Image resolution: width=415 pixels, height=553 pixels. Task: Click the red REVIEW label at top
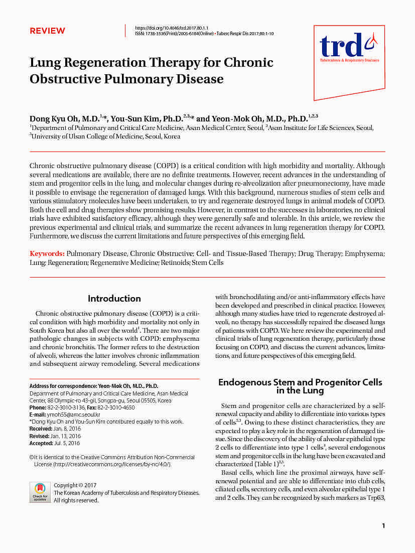coord(47,31)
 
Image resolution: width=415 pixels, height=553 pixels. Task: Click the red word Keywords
coord(47,254)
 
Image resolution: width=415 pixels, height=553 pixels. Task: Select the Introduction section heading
coord(114,299)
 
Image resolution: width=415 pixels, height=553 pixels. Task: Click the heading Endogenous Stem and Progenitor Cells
coord(300,382)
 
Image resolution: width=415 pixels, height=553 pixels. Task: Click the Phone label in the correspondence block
coord(38,408)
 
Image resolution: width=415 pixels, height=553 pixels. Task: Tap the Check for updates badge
coord(40,492)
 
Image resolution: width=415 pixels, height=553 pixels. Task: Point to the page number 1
coord(383,526)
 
